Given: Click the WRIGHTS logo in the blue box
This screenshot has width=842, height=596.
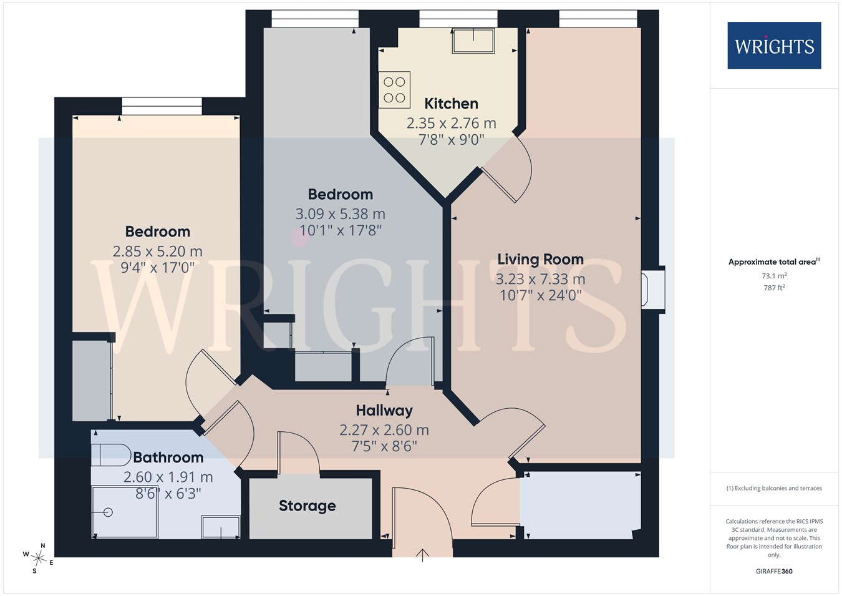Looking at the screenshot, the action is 774,46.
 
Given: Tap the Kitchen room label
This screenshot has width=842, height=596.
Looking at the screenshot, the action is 451,104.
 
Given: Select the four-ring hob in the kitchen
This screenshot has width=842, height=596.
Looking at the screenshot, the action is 394,90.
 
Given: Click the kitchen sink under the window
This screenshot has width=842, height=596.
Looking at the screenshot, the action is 473,41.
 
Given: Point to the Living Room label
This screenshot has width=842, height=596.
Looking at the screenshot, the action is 541,260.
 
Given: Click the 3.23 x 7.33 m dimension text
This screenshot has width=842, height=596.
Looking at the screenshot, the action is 541,279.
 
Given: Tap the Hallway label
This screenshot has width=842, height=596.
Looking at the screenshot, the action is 384,411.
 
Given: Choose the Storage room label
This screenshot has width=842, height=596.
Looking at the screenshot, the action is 307,506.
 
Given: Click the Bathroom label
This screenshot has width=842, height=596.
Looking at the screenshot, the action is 168,457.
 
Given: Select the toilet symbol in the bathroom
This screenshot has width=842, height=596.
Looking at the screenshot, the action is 111,454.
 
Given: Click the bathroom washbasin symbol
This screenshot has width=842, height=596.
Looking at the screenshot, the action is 221,527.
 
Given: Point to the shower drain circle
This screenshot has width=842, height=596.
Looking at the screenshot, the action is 109,512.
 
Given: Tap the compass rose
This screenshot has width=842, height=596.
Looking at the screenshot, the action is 38,558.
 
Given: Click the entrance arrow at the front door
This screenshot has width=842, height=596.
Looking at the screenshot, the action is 422,555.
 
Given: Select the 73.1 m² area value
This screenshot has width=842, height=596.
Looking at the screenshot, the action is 774,276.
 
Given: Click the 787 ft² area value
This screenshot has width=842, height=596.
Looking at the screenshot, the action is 774,288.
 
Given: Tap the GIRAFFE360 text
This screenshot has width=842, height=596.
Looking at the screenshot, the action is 774,571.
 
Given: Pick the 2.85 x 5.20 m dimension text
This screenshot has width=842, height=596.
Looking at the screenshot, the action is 158,251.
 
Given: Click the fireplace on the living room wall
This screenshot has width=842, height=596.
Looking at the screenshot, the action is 653,290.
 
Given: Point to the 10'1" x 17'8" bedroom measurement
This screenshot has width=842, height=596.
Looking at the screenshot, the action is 340,230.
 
